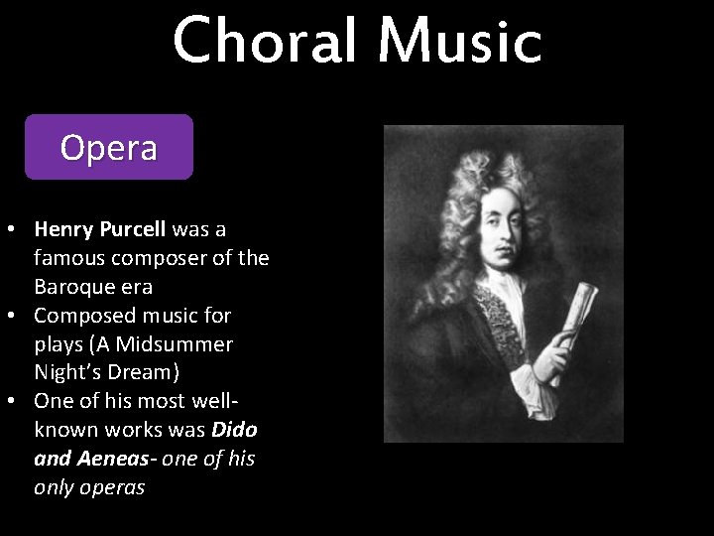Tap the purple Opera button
[108, 147]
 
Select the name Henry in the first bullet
[64, 229]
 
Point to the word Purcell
[134, 229]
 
